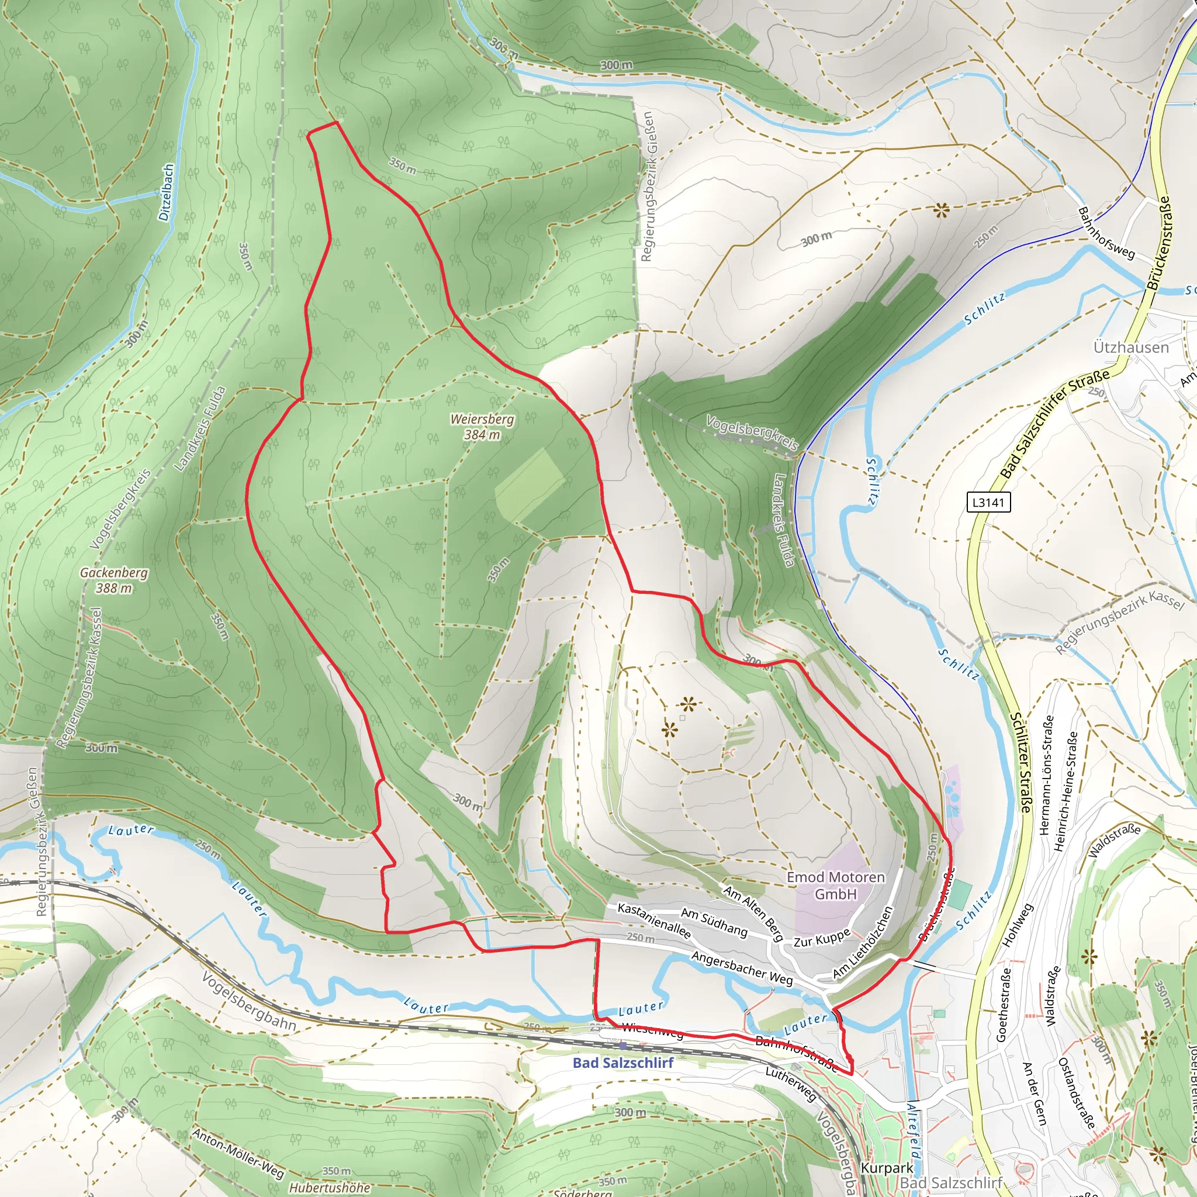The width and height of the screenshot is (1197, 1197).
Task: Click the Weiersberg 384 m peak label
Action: point(482,427)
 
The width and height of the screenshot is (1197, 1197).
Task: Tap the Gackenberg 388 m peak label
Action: point(114,580)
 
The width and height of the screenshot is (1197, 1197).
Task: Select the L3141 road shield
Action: point(988,502)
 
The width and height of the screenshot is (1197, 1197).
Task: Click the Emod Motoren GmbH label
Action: point(835,885)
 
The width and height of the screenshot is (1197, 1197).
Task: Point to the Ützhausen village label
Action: point(1131,347)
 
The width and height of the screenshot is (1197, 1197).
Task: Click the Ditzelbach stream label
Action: point(166,193)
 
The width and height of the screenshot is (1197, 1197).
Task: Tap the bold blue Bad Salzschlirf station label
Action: point(622,1063)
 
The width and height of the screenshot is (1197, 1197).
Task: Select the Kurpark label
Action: point(887,1168)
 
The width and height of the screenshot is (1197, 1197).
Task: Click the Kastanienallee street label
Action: point(653,921)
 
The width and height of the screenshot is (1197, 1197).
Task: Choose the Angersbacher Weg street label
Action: point(742,968)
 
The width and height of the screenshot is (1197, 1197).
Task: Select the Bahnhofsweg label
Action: point(1106,233)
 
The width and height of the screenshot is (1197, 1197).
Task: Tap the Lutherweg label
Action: point(791,1084)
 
